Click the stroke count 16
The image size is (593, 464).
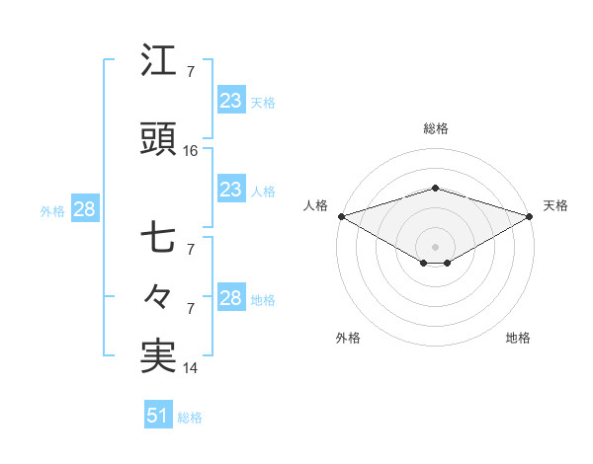tap(191, 151)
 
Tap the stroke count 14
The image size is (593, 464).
tap(191, 368)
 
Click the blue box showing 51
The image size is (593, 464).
tap(157, 416)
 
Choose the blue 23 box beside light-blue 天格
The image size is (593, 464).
tap(230, 101)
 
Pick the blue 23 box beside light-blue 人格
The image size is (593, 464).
tap(230, 190)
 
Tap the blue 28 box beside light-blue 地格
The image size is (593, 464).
tap(230, 298)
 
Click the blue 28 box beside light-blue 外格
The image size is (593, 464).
tap(83, 209)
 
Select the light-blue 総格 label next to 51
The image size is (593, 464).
tap(190, 417)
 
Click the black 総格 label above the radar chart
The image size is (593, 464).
tap(435, 128)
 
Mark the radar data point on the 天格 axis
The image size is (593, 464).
tap(530, 216)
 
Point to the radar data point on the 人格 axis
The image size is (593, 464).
tap(341, 216)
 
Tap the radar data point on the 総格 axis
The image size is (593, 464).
tap(435, 188)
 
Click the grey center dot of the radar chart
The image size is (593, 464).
tap(435, 246)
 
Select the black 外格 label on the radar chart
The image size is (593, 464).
tap(348, 338)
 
